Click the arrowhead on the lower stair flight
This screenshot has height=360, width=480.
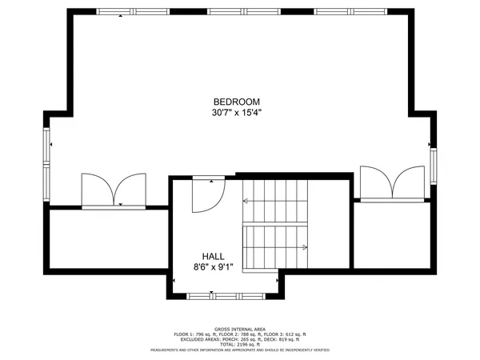306,247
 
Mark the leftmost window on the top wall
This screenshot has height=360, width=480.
127,12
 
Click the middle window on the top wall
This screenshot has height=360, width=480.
237,12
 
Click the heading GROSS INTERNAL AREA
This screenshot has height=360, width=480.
239,328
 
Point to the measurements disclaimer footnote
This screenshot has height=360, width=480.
239,349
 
